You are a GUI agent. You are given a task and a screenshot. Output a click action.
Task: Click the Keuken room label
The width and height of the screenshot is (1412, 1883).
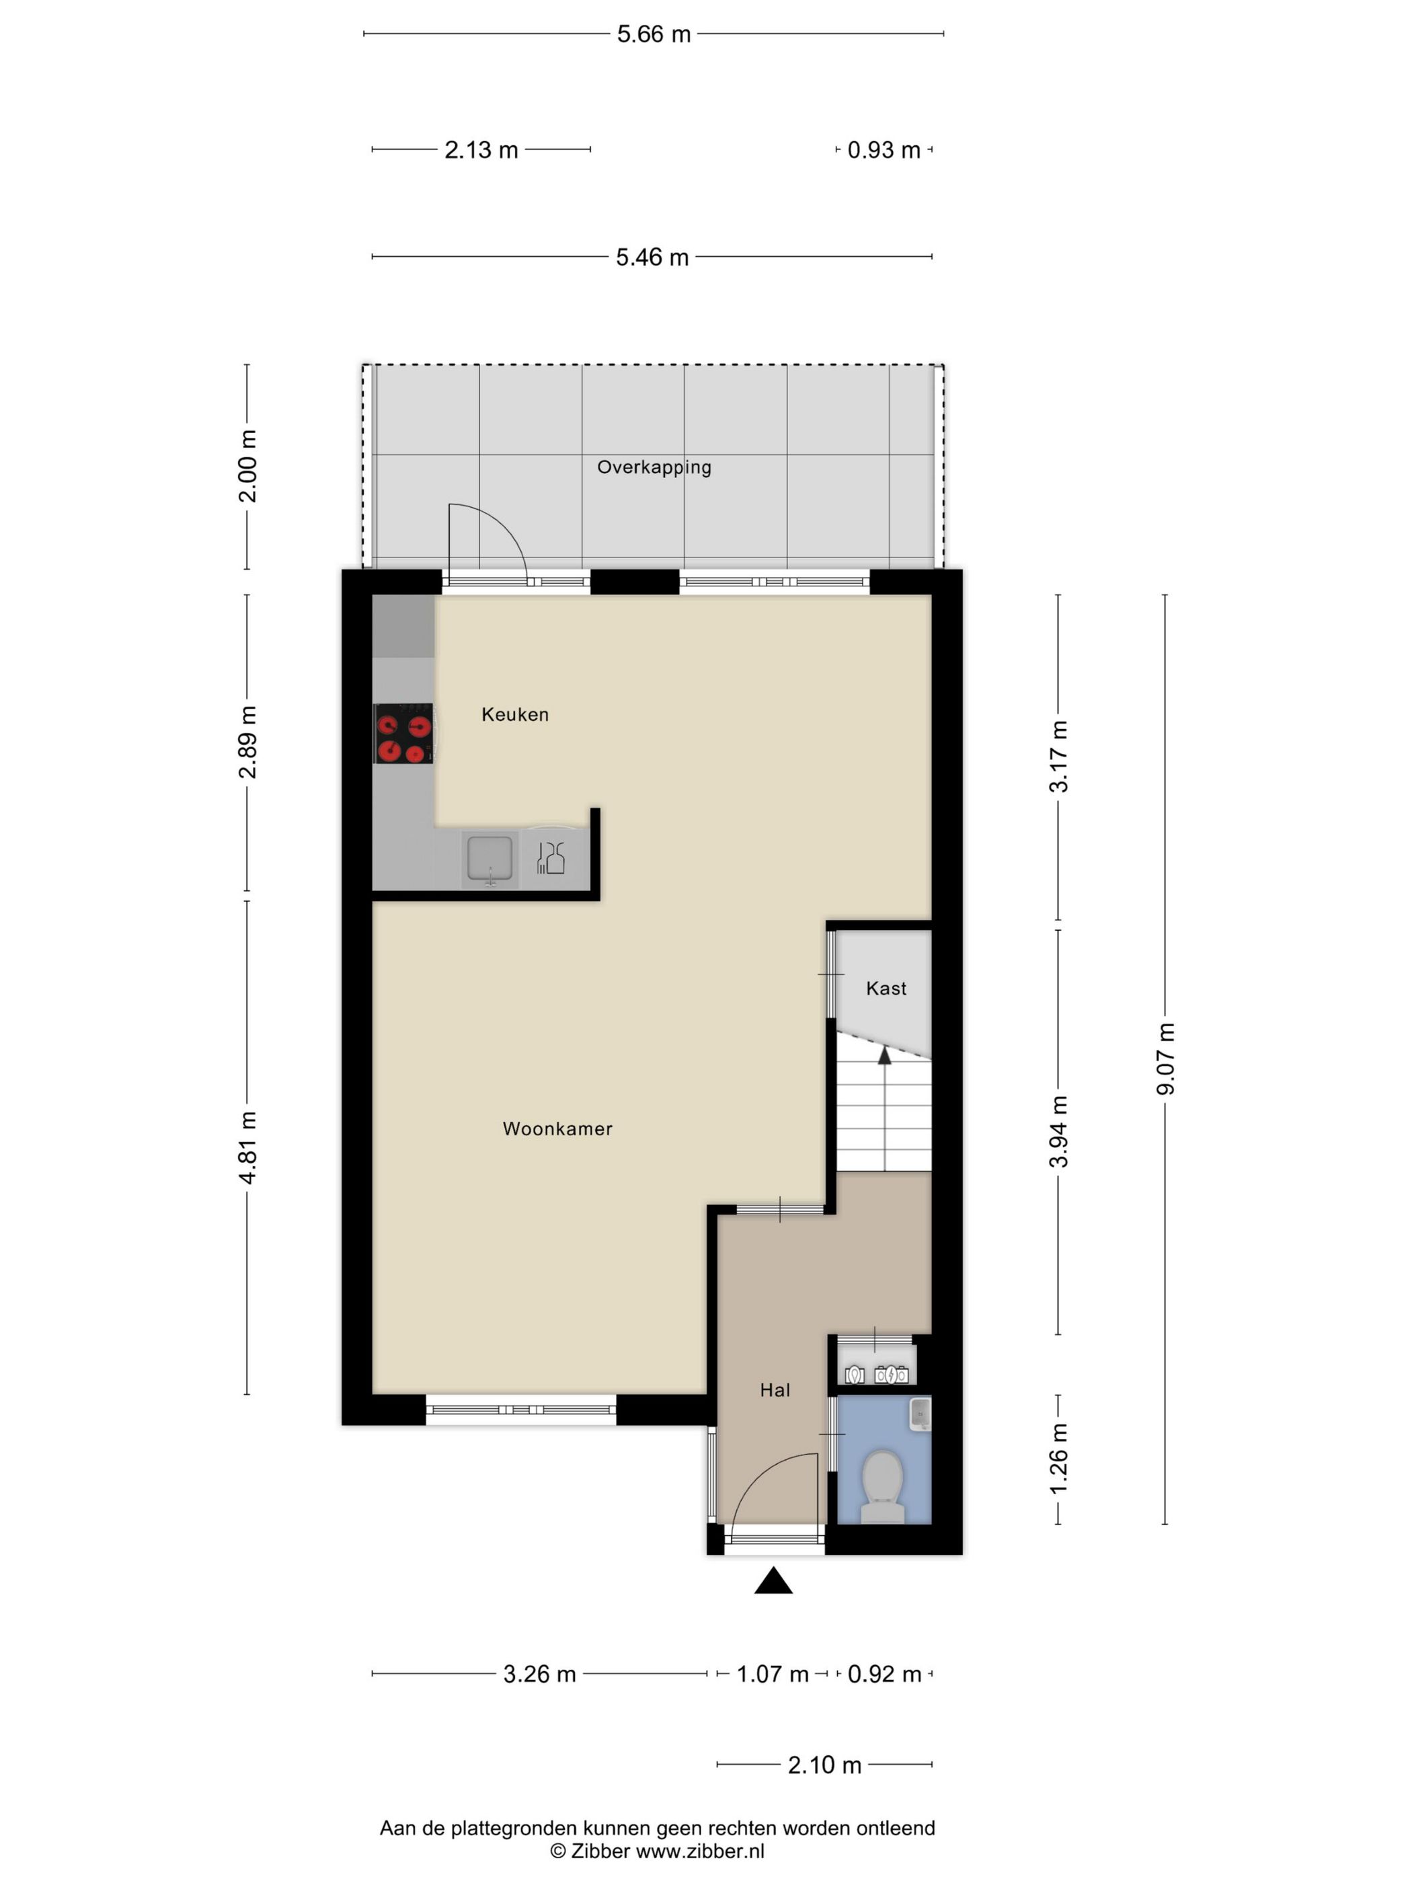pos(515,714)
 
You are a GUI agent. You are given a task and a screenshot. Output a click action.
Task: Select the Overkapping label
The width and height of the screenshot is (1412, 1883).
pos(654,467)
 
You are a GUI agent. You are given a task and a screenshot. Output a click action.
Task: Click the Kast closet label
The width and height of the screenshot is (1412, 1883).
pos(886,989)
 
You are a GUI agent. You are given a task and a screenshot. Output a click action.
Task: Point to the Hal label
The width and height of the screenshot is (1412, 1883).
pos(775,1390)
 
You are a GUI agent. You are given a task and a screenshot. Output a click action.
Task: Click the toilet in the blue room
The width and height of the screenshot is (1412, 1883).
pos(883,1486)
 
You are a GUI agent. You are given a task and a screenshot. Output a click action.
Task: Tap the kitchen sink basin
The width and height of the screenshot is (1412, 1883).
pos(489,858)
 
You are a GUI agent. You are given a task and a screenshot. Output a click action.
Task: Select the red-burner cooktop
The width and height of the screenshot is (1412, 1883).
pos(403,734)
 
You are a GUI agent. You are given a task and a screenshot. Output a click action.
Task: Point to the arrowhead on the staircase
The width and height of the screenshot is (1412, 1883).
pos(884,1056)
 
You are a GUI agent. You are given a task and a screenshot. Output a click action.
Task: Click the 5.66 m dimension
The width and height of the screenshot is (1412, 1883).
pos(654,34)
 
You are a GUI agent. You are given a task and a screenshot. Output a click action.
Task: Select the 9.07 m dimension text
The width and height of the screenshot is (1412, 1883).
pos(1165,1059)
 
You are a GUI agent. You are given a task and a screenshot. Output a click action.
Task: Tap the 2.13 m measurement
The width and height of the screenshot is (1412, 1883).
pos(481,150)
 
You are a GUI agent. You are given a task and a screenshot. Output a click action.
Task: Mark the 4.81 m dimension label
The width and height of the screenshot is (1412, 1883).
pos(247,1147)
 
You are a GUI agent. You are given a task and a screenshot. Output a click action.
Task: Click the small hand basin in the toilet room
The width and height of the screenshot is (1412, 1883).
pos(919,1414)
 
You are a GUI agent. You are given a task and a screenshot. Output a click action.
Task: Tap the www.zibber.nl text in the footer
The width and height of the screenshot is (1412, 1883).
pos(701,1851)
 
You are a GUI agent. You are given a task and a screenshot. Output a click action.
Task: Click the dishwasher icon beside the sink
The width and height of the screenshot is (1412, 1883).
pos(551,857)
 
